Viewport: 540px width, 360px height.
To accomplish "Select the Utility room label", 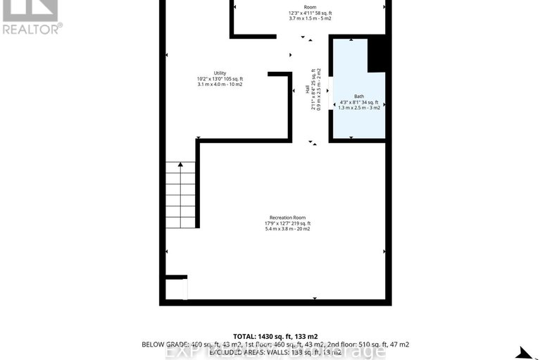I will point(220,73).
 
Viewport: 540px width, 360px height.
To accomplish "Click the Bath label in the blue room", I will point(359,96).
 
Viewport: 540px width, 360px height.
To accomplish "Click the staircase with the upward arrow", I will point(181,194).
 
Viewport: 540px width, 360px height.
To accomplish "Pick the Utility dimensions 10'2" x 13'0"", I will point(220,79).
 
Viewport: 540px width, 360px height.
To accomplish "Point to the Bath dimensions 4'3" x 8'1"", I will point(359,102).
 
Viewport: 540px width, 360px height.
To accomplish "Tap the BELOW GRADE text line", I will point(275,345).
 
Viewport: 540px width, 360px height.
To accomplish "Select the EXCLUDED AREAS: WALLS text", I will point(275,352).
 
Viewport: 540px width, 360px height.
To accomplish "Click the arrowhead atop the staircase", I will point(181,164).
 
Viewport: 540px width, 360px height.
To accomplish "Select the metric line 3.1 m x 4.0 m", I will point(220,85).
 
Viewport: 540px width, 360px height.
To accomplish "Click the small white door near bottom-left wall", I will point(185,289).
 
